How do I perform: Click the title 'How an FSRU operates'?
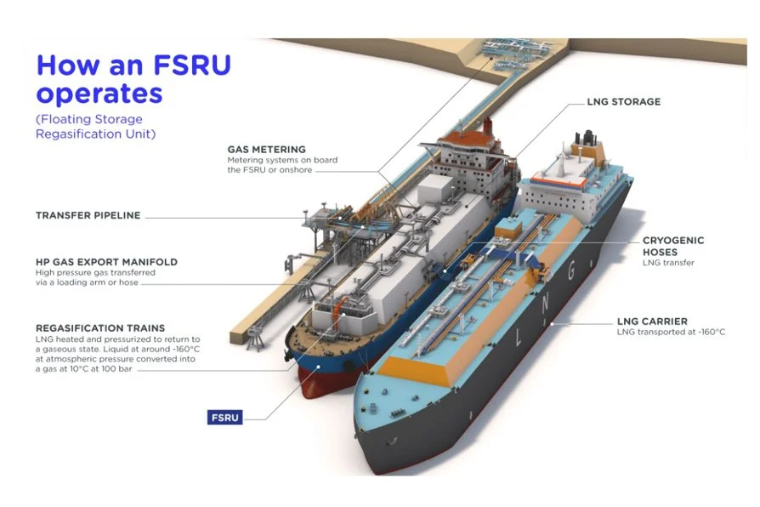coord(133,78)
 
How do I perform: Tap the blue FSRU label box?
coord(225,418)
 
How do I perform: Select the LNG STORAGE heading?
coord(623,102)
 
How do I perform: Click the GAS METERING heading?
coord(266,150)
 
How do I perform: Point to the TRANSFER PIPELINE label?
coord(88,216)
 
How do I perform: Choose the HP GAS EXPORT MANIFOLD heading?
coord(106,262)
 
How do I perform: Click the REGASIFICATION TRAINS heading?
coord(100,328)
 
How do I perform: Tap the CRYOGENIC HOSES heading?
coord(672,247)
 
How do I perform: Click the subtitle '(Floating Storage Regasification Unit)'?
coord(89,127)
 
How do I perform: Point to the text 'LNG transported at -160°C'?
coord(671,333)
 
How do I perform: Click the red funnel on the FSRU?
coord(486,128)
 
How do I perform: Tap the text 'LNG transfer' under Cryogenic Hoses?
coord(668,263)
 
